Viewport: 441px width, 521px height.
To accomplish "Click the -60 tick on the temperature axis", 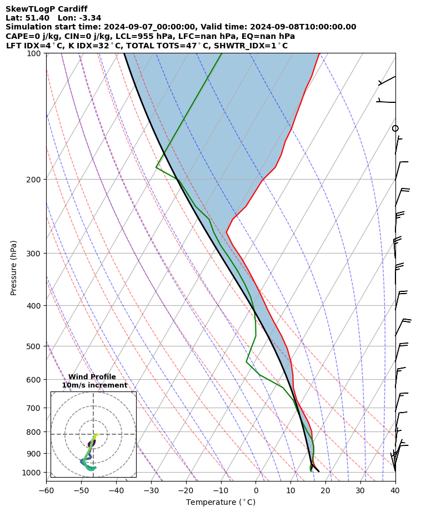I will coord(46,490).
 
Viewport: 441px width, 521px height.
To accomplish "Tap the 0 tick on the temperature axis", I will coord(255,490).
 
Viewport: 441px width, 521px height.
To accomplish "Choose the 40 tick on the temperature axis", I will coord(395,490).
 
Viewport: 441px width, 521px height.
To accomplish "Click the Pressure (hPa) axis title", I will coord(14,267).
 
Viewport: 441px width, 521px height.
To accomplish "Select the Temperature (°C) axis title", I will coord(220,502).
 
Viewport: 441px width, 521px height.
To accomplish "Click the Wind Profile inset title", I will coord(92,377).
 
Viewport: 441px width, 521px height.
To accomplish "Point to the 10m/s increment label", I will coord(94,385).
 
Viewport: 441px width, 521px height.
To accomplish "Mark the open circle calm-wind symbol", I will coord(395,128).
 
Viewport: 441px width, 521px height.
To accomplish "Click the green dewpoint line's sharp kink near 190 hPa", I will coord(157,167).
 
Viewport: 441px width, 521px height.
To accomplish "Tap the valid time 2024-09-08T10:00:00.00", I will coord(302,27).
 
